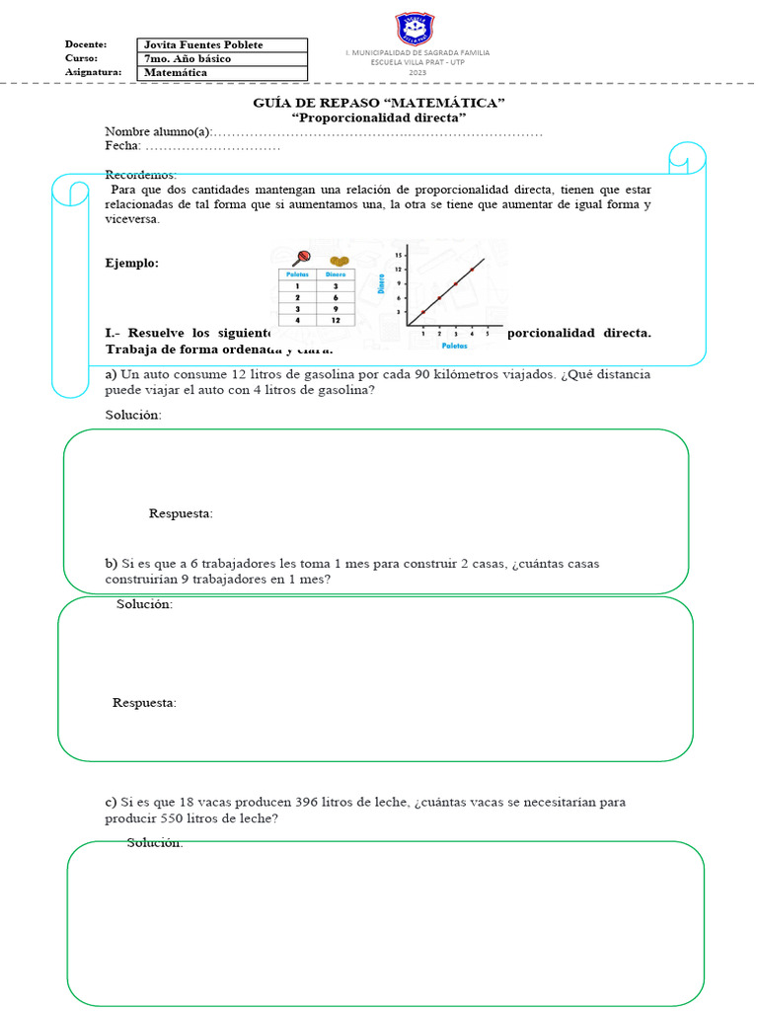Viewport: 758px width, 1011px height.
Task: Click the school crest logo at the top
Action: [x=417, y=29]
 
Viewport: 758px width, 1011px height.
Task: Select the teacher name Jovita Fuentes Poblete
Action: [x=202, y=45]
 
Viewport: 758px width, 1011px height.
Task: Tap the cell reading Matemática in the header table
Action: [x=176, y=72]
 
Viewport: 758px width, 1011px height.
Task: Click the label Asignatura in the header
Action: [x=94, y=72]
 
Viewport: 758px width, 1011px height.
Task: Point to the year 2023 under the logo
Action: [x=417, y=72]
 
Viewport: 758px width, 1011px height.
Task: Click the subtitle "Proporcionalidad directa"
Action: [x=379, y=117]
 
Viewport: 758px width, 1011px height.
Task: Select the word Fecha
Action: [x=122, y=146]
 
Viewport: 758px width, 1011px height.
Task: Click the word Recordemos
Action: [x=140, y=175]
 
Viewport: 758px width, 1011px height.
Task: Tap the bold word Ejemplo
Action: [x=131, y=263]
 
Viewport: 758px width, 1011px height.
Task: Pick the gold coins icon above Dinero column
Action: [x=340, y=261]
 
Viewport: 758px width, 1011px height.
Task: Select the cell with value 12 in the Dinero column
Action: [x=336, y=320]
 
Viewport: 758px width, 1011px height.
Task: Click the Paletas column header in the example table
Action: [x=298, y=274]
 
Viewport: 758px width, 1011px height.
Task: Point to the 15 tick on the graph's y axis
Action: [x=398, y=256]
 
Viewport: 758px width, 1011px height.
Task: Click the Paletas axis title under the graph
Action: [x=455, y=347]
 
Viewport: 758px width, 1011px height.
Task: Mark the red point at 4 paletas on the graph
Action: [x=472, y=270]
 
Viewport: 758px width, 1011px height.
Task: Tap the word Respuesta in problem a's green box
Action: [x=181, y=513]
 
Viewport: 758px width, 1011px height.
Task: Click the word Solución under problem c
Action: [x=154, y=842]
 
